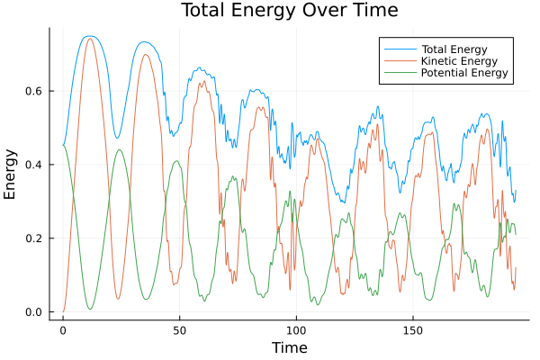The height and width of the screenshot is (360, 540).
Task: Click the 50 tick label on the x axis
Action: (x=178, y=330)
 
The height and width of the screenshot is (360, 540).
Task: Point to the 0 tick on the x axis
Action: (x=62, y=330)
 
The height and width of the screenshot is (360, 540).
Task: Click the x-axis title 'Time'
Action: (x=289, y=347)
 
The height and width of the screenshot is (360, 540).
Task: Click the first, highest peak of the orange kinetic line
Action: (x=89, y=39)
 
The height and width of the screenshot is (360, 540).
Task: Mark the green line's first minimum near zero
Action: (x=90, y=310)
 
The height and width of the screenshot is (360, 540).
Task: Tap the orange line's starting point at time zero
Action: (x=63, y=311)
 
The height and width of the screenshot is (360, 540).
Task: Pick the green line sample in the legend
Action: (x=396, y=73)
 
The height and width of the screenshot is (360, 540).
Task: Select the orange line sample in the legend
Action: (x=396, y=59)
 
